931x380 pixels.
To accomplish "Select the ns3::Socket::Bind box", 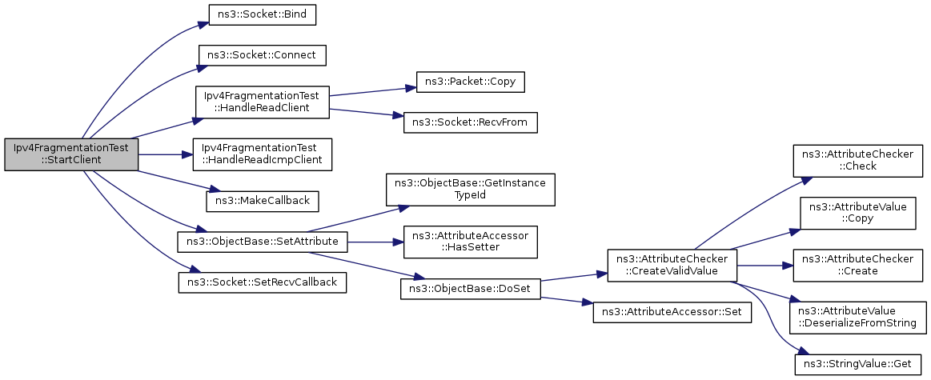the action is click(x=262, y=14).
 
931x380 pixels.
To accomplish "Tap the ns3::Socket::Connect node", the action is click(x=262, y=54).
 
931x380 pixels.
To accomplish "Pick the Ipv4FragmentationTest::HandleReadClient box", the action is click(x=262, y=102).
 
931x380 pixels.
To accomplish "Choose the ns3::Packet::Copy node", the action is click(x=470, y=82).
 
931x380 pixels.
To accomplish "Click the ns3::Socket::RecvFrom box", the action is click(x=470, y=122).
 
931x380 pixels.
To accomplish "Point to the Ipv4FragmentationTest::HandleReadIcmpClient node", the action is click(x=262, y=154).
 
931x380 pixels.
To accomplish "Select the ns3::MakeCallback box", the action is click(x=262, y=201).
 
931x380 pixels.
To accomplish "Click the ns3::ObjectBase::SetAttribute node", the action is click(x=262, y=242).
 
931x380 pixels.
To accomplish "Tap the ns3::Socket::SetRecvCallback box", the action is click(x=262, y=282).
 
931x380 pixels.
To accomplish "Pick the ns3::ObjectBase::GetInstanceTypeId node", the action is click(x=470, y=190).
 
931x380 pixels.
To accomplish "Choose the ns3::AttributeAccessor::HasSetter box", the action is click(x=470, y=242).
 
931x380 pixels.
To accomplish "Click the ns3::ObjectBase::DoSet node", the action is click(x=470, y=289).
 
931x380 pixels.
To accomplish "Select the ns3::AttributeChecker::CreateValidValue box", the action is click(x=672, y=265).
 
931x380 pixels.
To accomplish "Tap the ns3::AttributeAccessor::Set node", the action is click(x=672, y=312).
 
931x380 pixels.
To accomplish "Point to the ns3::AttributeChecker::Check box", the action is click(x=858, y=160).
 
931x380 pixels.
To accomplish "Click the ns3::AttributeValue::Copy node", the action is click(x=858, y=213).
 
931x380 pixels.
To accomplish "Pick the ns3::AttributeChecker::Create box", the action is click(x=858, y=265).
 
